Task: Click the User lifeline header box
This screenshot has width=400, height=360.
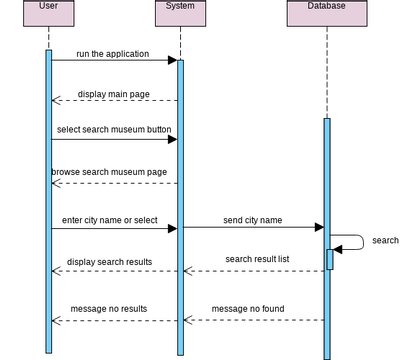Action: click(x=48, y=12)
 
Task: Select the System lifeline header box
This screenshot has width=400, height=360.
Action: click(x=180, y=12)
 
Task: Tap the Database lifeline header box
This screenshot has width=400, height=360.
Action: click(x=327, y=12)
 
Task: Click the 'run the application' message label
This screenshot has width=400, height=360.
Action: click(x=113, y=54)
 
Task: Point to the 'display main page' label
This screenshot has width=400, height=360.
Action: click(x=114, y=94)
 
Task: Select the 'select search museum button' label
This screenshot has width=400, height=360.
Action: click(x=114, y=130)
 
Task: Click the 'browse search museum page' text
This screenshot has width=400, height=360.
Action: click(x=110, y=172)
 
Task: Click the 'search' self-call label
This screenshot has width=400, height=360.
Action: click(x=385, y=241)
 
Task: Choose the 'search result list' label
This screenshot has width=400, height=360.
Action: click(x=257, y=259)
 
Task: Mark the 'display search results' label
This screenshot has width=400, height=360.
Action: click(x=110, y=262)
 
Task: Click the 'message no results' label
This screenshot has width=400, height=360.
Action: click(x=109, y=309)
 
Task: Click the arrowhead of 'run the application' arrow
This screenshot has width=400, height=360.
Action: click(x=172, y=60)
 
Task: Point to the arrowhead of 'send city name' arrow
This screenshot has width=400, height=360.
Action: click(x=318, y=228)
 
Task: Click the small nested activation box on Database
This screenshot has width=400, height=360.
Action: click(x=330, y=259)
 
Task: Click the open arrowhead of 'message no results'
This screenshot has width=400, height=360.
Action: click(x=57, y=320)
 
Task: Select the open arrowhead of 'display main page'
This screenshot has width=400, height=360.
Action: click(x=57, y=100)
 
